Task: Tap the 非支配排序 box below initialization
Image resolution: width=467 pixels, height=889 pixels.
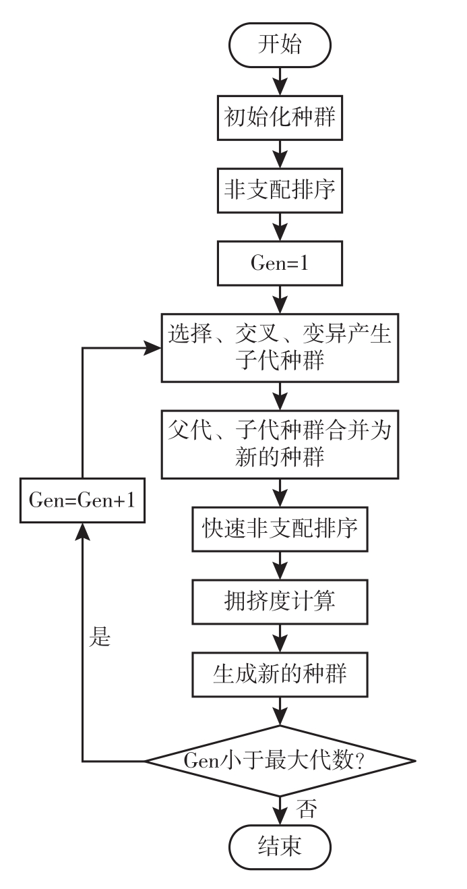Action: (x=280, y=190)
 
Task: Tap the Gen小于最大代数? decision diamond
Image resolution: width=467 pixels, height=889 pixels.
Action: (x=280, y=762)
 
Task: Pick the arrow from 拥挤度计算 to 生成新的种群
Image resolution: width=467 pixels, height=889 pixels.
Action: (x=280, y=636)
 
